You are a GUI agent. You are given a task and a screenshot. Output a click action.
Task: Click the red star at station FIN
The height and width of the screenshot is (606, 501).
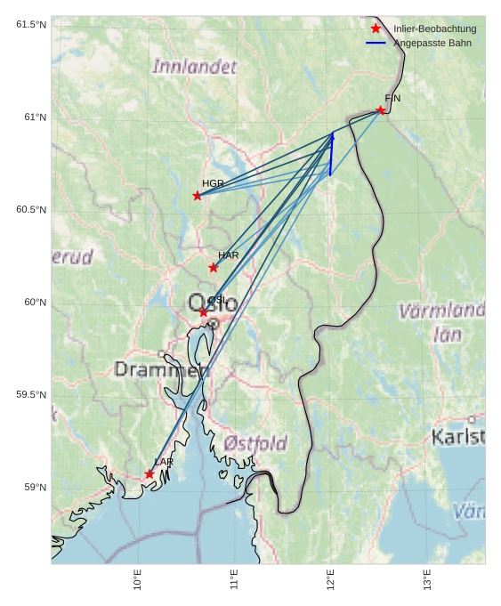[380, 110]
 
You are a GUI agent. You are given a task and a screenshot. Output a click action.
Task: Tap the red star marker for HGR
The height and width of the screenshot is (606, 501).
[198, 196]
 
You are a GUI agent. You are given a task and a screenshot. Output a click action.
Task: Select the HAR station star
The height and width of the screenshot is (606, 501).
[214, 268]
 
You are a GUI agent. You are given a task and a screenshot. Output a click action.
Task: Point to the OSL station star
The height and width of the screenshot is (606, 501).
[204, 312]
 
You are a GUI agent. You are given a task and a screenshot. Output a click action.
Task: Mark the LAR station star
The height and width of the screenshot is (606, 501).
[149, 474]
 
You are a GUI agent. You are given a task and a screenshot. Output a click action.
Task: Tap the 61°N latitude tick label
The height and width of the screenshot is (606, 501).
[36, 117]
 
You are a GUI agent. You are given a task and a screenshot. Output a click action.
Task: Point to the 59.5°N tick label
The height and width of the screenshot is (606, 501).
[31, 395]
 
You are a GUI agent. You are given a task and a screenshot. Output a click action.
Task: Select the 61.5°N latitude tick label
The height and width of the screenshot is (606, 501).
[31, 25]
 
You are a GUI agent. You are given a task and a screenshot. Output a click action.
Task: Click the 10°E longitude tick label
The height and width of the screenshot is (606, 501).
[138, 580]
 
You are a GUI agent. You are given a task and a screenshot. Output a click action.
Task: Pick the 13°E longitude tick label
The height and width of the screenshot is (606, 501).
[427, 580]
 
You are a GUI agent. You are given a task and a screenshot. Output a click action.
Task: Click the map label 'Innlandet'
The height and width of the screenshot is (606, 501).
[195, 67]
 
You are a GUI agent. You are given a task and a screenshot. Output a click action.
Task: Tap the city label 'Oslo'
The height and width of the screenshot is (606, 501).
[213, 303]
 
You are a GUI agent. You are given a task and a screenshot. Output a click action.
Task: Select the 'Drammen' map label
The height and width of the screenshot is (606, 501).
[160, 369]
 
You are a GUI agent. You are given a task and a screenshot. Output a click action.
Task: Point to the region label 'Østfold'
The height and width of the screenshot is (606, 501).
[255, 443]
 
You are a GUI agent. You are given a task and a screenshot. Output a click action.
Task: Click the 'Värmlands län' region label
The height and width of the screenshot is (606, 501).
[442, 323]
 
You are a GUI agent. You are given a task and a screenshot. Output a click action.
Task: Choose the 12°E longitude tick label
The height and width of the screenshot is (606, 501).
[331, 580]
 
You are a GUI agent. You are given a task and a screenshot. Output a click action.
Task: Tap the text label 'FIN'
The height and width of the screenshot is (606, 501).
[392, 98]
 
